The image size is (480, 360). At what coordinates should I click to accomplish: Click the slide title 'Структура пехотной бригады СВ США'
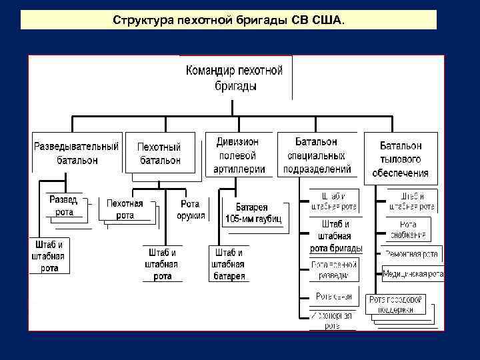229,20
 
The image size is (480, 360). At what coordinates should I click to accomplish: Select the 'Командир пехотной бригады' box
235,77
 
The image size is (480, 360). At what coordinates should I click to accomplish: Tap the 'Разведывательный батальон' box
76,153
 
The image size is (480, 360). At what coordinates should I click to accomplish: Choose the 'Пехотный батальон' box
159,153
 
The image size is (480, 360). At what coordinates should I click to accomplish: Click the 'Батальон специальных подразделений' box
317,155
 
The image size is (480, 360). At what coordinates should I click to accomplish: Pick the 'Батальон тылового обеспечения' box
400,159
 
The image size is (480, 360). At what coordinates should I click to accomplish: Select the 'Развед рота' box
64,206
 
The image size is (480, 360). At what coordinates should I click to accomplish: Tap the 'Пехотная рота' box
125,209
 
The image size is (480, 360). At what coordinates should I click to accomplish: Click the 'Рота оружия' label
191,209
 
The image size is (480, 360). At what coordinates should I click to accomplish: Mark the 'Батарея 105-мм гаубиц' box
253,213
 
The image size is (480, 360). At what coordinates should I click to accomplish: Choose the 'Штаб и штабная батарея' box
229,264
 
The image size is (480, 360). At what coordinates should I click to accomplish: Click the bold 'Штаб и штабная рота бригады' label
335,236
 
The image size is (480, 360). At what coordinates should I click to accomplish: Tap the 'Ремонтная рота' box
411,254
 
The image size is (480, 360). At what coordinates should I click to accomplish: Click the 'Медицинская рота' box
413,273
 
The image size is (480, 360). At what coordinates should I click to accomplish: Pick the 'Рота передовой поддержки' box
396,305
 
